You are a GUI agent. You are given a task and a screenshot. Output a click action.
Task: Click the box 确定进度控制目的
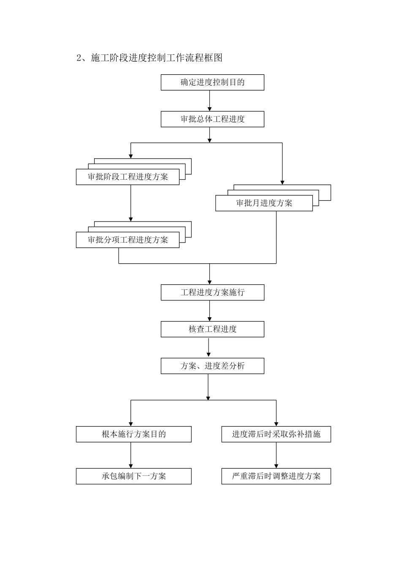pyautogui.click(x=212, y=82)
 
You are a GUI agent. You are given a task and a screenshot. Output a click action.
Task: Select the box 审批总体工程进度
pyautogui.click(x=212, y=119)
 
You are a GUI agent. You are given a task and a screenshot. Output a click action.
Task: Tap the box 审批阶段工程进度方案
pyautogui.click(x=127, y=177)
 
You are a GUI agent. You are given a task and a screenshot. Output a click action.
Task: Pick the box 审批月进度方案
pyautogui.click(x=264, y=203)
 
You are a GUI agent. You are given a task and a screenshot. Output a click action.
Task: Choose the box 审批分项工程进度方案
pyautogui.click(x=127, y=240)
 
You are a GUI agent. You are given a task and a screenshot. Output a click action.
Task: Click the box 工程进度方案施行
pyautogui.click(x=212, y=292)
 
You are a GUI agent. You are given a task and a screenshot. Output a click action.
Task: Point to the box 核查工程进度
pyautogui.click(x=212, y=329)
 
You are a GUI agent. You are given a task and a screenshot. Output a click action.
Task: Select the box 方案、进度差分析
pyautogui.click(x=212, y=366)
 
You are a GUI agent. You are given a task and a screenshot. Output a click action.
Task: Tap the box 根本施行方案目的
pyautogui.click(x=133, y=434)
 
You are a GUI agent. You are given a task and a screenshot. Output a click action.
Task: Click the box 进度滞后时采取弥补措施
pyautogui.click(x=276, y=434)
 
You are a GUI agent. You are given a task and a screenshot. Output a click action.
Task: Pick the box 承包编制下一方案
pyautogui.click(x=133, y=476)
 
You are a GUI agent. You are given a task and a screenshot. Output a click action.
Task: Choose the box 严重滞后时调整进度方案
pyautogui.click(x=276, y=476)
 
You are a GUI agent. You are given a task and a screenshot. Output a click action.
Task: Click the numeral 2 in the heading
pyautogui.click(x=79, y=58)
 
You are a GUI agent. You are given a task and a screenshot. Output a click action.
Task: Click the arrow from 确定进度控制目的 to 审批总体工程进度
pyautogui.click(x=210, y=101)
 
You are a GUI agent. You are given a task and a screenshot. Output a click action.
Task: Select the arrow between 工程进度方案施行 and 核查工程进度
pyautogui.click(x=210, y=311)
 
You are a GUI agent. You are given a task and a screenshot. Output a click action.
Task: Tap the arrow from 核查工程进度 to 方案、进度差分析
pyautogui.click(x=208, y=348)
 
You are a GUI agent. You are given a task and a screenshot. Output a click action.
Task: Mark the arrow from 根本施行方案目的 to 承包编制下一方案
pyautogui.click(x=131, y=455)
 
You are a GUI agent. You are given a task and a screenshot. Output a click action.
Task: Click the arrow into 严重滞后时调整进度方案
pyautogui.click(x=276, y=455)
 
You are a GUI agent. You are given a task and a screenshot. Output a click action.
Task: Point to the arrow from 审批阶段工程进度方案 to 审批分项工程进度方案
pyautogui.click(x=131, y=203)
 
